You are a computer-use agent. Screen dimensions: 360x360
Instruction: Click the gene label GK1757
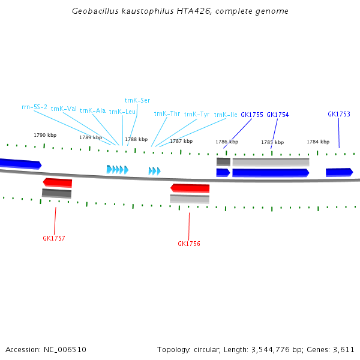[54, 238]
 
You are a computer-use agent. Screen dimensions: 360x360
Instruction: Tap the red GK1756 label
[189, 244]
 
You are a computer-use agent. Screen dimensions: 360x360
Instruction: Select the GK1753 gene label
[339, 114]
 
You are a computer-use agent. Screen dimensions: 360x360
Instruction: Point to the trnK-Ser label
[137, 100]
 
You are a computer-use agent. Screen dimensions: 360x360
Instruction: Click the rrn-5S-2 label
[34, 107]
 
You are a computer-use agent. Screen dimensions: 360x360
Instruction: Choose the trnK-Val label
[64, 109]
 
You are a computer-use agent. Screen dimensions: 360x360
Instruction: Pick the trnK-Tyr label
[197, 114]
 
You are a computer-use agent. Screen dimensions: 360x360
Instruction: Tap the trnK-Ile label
[226, 115]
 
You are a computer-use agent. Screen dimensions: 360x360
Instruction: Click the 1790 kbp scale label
[45, 135]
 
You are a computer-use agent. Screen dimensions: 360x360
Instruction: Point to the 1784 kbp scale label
[318, 142]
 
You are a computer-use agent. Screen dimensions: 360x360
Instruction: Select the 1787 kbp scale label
[181, 141]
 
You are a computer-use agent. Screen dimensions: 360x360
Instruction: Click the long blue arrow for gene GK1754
[271, 173]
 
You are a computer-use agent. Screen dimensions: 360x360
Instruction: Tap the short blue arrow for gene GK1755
[223, 173]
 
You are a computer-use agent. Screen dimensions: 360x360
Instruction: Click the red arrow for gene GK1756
[190, 188]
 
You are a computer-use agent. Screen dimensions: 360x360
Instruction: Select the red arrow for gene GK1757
[58, 182]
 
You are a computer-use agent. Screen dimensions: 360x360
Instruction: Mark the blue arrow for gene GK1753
[340, 172]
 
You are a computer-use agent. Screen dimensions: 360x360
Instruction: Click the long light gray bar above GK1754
[271, 162]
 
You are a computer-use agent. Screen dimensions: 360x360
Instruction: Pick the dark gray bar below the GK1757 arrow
[57, 193]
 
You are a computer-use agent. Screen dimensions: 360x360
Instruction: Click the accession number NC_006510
[65, 350]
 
